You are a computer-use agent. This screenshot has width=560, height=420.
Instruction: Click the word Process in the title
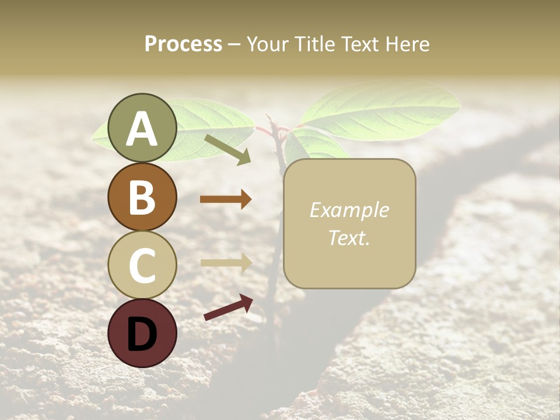[x=183, y=44]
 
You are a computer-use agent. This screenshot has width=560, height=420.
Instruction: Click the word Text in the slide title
[x=359, y=44]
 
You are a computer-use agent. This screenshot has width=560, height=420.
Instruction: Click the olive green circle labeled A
[x=142, y=128]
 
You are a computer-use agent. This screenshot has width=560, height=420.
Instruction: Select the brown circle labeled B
[x=142, y=197]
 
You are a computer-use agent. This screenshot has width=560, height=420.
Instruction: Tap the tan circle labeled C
[x=142, y=265]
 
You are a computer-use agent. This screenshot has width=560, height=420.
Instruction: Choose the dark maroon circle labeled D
[x=142, y=333]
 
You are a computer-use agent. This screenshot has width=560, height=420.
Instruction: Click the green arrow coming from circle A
[x=228, y=149]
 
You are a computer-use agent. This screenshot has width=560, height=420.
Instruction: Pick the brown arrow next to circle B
[x=226, y=199]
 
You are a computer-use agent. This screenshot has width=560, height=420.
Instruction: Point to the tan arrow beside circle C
[x=226, y=262]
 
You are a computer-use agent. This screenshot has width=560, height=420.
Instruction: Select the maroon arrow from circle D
[x=228, y=307]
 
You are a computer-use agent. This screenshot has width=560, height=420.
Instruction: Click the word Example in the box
[x=349, y=210]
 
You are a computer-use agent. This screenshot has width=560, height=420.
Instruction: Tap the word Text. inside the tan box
[x=349, y=237]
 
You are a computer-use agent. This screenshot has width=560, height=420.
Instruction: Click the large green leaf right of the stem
[x=382, y=111]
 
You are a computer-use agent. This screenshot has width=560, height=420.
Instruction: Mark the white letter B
[x=142, y=197]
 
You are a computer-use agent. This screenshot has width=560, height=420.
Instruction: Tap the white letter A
[x=142, y=128]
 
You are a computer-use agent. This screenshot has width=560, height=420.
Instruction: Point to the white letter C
[x=142, y=265]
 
